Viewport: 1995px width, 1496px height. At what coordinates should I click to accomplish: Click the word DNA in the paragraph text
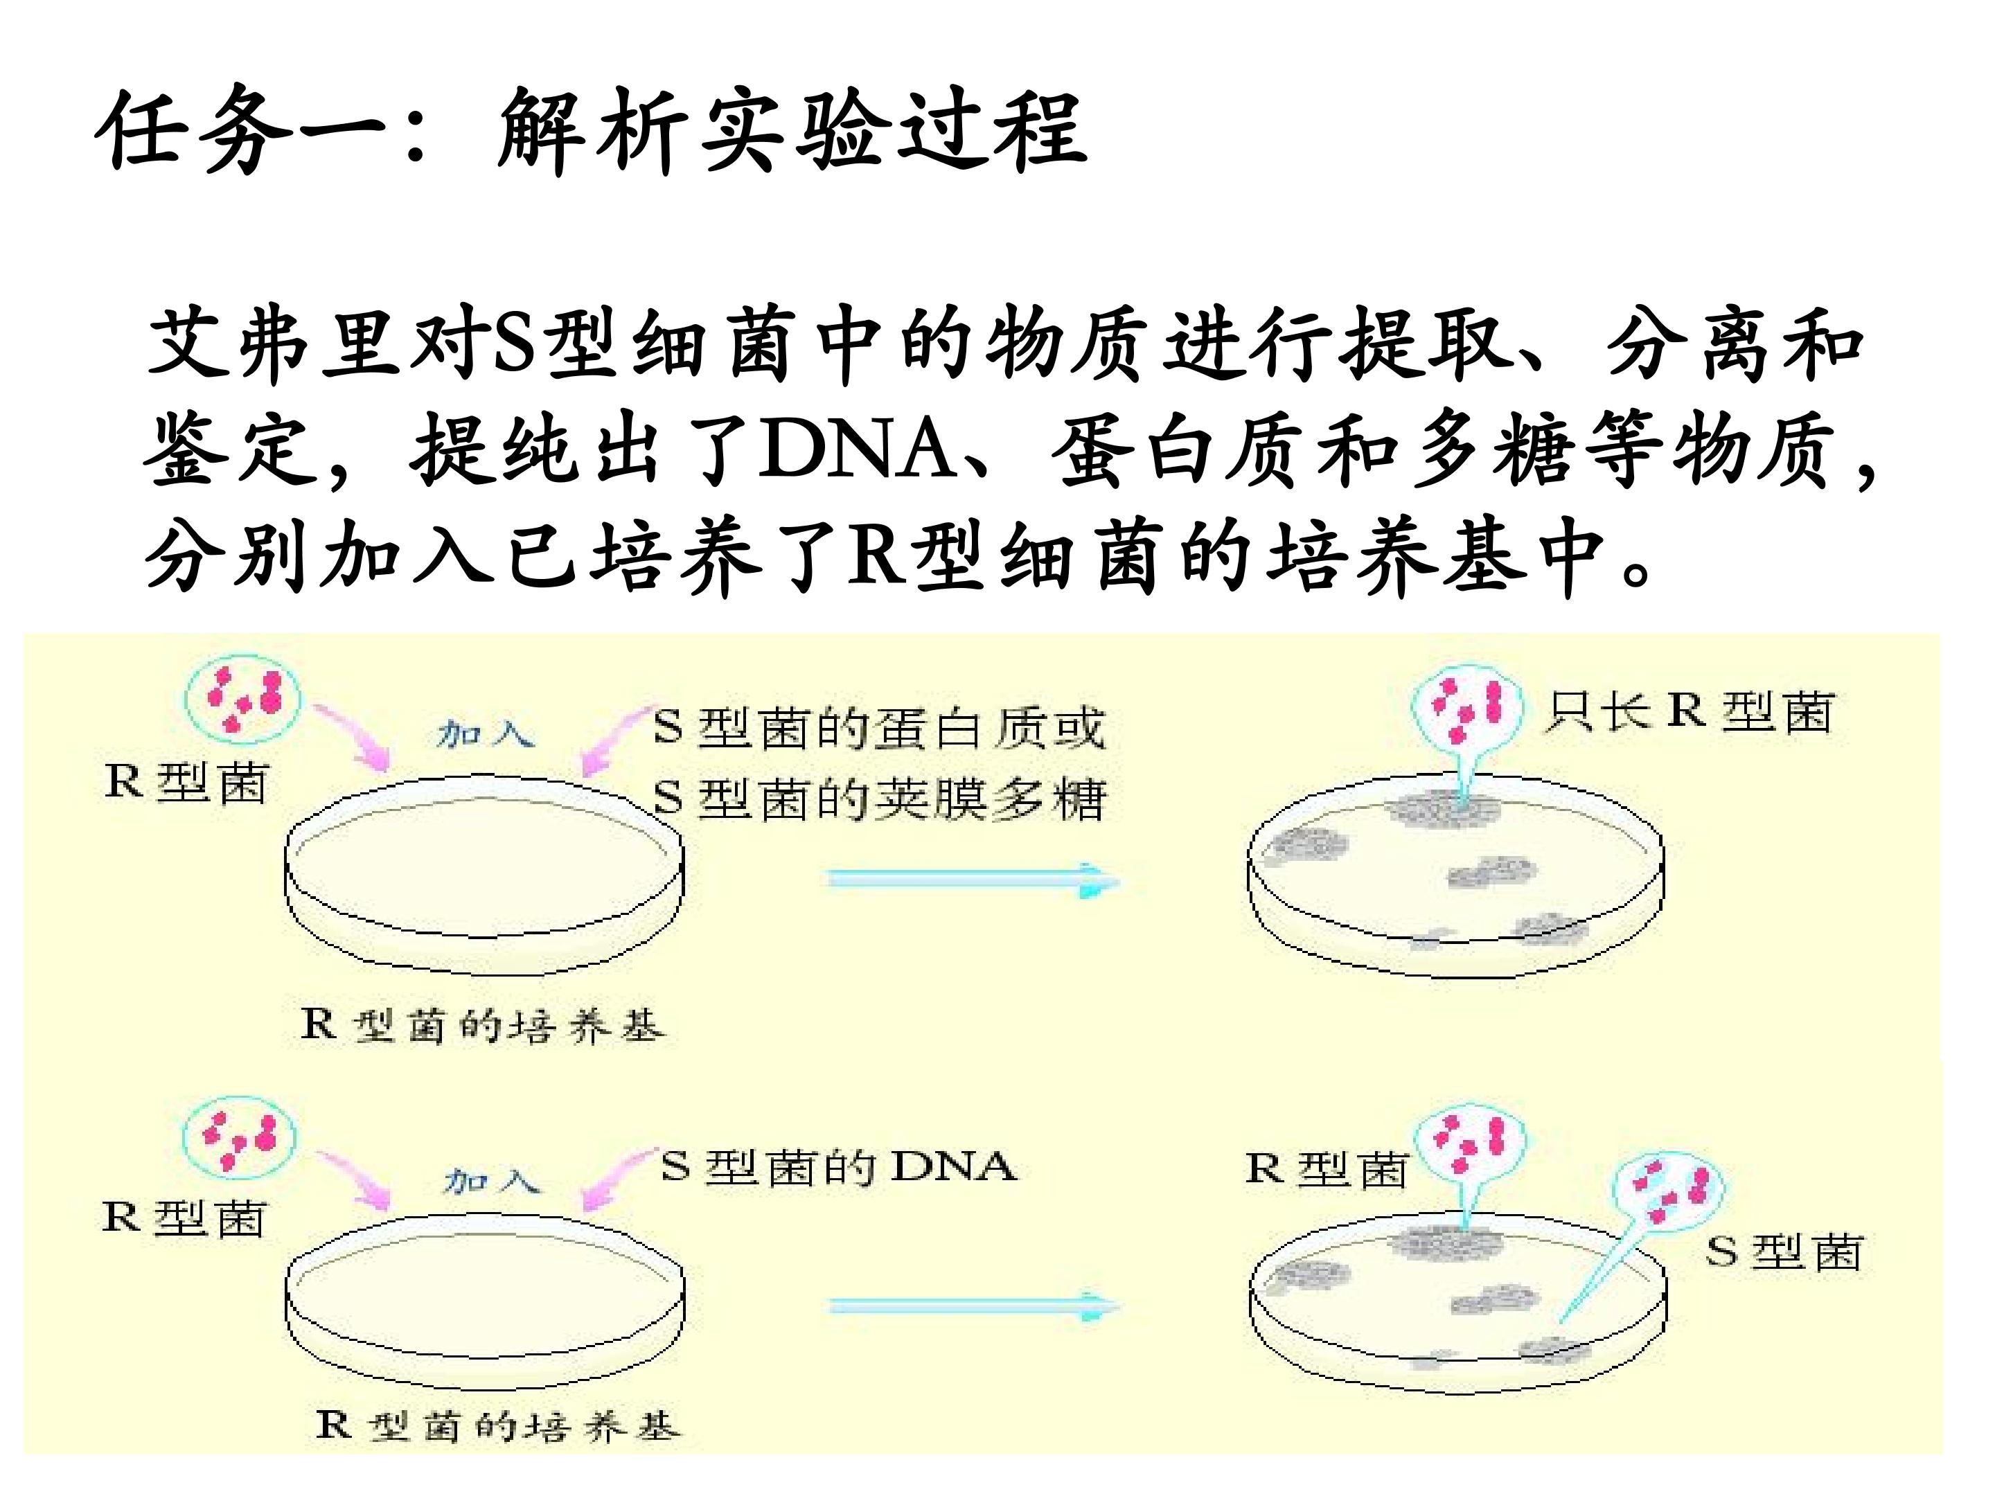tap(857, 447)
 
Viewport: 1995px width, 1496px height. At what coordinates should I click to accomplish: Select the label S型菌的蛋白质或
tap(879, 729)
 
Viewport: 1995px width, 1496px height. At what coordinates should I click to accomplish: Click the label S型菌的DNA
tap(839, 1167)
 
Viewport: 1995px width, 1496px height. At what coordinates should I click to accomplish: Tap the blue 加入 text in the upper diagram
tap(484, 734)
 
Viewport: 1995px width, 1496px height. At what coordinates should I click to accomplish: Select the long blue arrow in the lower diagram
tap(974, 1306)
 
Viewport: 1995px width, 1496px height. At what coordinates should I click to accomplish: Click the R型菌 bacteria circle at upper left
tap(242, 698)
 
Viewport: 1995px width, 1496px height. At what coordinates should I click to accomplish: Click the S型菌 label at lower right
tap(1783, 1252)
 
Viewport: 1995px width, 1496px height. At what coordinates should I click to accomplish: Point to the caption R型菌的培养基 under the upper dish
tap(484, 1025)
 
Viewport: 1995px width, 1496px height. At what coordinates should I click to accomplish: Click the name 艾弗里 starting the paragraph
tap(274, 344)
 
